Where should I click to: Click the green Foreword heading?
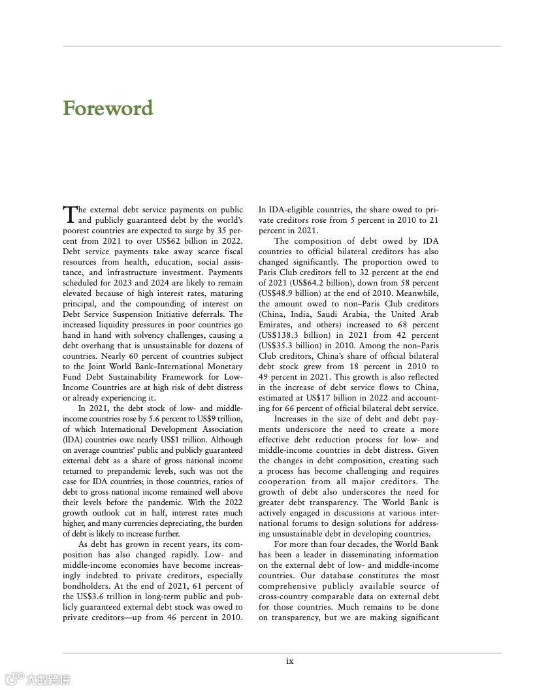click(x=108, y=108)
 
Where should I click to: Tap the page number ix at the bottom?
click(x=289, y=661)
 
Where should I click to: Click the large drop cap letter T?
click(x=69, y=214)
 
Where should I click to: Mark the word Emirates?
click(x=275, y=325)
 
